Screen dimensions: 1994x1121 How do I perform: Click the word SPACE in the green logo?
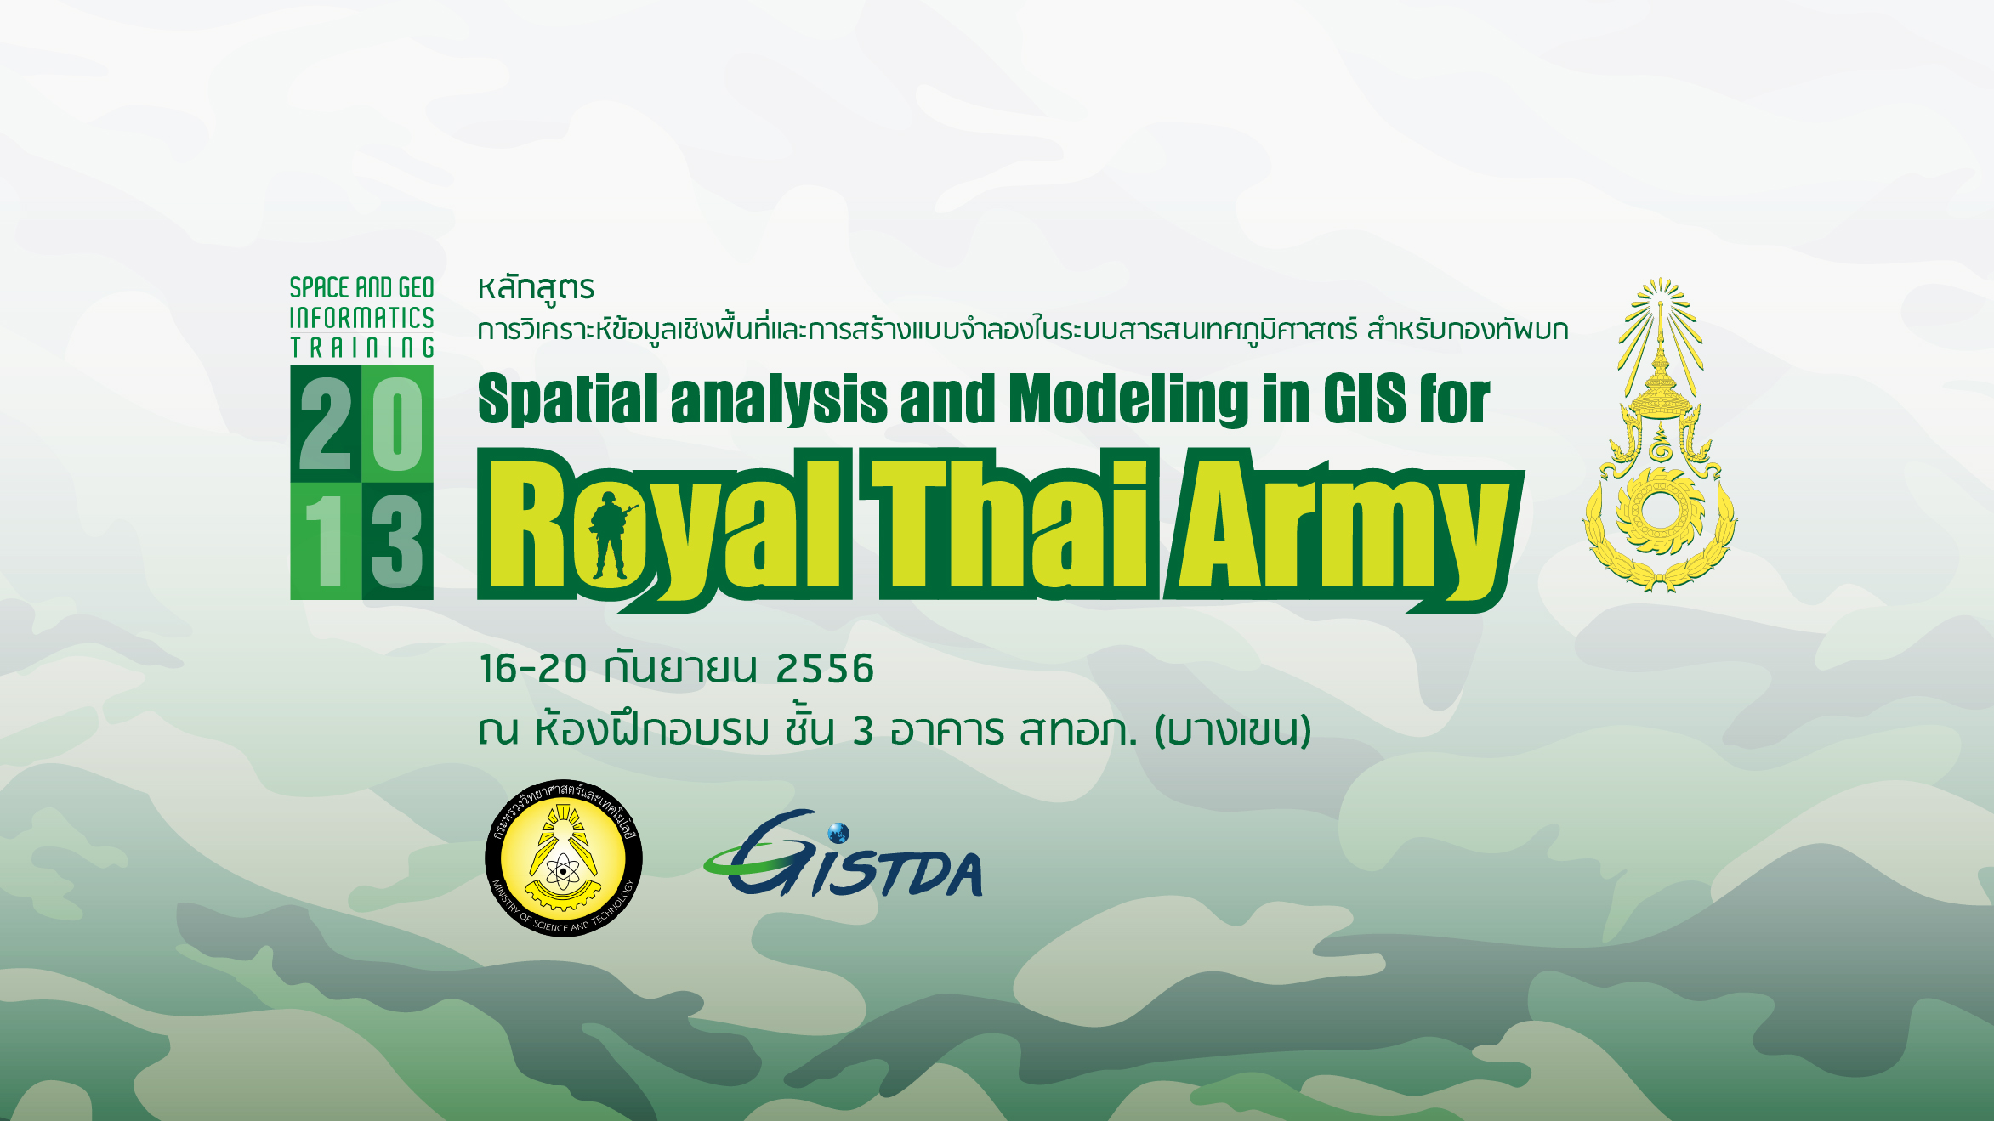coord(320,287)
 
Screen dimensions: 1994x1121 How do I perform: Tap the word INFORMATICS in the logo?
coord(361,318)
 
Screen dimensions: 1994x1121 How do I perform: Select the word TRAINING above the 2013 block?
coord(362,348)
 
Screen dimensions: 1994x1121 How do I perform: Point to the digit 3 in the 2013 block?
coord(396,541)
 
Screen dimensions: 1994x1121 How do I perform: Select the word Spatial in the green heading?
coord(568,399)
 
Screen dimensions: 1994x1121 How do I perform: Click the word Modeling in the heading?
coord(1128,399)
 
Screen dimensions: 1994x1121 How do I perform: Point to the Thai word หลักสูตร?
coord(536,288)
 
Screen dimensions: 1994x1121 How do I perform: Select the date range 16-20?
coord(533,669)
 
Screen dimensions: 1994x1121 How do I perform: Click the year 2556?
coord(825,669)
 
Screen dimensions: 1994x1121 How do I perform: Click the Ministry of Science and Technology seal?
coord(564,858)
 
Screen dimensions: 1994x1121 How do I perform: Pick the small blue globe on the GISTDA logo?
coord(838,832)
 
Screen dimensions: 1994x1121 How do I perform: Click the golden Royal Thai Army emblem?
coord(1660,435)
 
